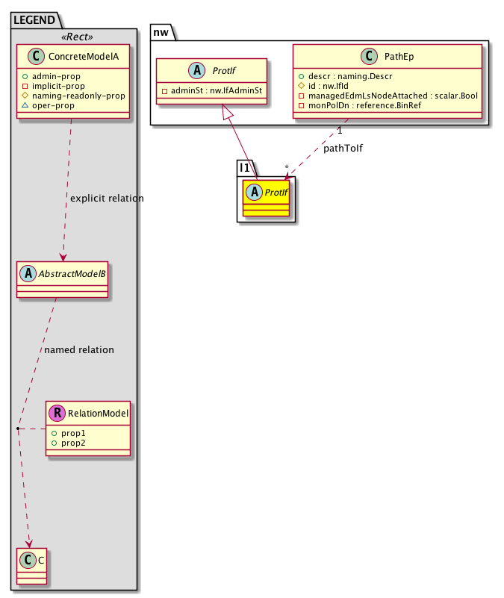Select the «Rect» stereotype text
click(72, 36)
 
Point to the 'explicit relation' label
click(106, 199)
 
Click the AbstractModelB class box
click(63, 279)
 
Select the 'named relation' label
click(79, 349)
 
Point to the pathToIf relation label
click(343, 149)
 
